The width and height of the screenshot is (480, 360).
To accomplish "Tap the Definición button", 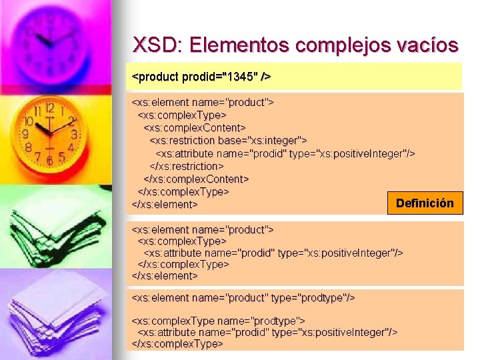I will pos(425,203).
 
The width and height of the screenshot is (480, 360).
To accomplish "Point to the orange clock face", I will pos(49,133).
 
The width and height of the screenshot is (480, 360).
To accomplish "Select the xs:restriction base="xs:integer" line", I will pos(228,140).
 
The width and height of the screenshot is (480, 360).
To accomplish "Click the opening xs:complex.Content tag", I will pos(195,127).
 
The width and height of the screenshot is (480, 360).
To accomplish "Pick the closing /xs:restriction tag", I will pos(187,166).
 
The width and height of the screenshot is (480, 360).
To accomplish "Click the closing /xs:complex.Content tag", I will pos(196,179).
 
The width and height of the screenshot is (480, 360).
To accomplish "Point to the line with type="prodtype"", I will pos(243,297).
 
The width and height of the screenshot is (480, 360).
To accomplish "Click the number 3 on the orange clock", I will pos(74,134).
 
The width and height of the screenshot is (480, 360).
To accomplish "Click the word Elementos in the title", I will pos(237,45).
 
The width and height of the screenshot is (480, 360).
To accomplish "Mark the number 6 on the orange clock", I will pos(49,161).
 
